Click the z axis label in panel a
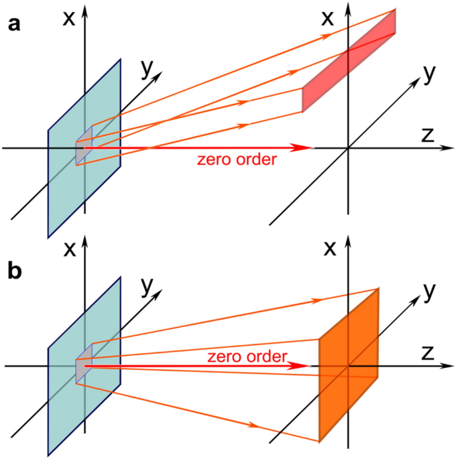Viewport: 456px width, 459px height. pyautogui.click(x=428, y=135)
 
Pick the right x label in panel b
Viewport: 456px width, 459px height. pyautogui.click(x=329, y=249)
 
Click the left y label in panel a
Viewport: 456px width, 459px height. pyautogui.click(x=145, y=68)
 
